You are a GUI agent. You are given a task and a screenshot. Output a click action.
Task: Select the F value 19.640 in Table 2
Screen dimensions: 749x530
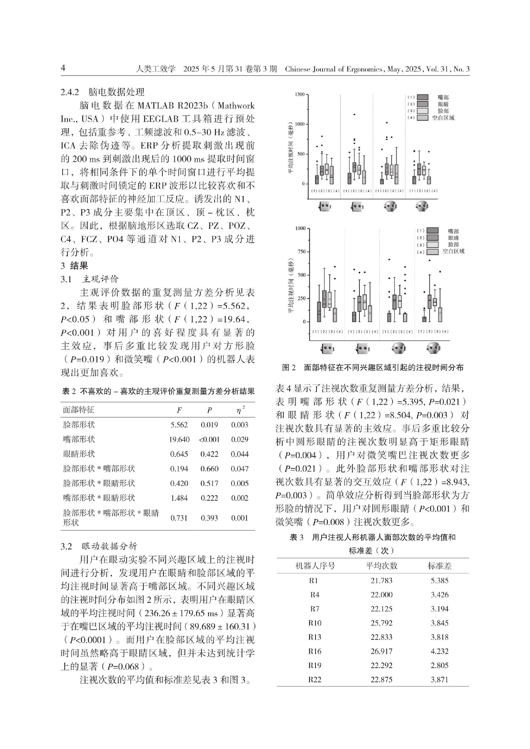[x=179, y=439]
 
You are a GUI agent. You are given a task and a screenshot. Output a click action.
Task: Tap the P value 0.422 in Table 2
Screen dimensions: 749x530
[x=209, y=454]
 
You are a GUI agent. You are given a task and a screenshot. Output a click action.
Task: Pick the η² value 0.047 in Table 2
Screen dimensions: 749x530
[x=239, y=469]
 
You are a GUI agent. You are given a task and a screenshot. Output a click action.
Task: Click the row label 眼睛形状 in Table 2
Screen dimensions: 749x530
[x=79, y=454]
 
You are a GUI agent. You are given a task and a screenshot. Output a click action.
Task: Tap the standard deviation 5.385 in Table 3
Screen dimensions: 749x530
[x=439, y=580]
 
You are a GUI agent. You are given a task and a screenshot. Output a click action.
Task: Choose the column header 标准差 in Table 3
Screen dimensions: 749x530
[x=439, y=566]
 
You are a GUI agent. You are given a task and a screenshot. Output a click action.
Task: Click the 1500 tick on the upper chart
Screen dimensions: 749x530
[x=299, y=94]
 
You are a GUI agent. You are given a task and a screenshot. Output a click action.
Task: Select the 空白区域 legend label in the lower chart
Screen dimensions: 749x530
[x=453, y=251]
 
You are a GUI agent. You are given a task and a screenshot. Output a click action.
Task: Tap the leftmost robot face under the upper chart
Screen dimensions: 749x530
[x=325, y=206]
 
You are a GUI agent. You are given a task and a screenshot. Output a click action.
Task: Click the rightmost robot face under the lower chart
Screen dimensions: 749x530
[x=433, y=348]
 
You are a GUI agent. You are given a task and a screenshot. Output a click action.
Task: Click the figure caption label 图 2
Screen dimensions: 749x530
[x=288, y=368]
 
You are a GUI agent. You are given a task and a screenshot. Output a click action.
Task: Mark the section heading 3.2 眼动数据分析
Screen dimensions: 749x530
[x=99, y=546]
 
